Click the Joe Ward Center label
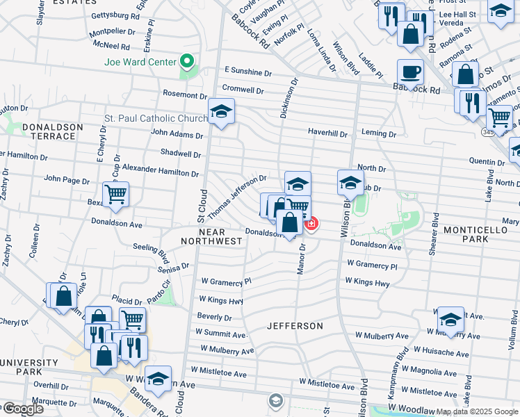pyautogui.click(x=139, y=61)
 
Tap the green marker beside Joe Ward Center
pyautogui.click(x=186, y=61)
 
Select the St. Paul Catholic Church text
pyautogui.click(x=154, y=118)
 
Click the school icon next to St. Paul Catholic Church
pyautogui.click(x=221, y=111)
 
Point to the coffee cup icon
pyautogui.click(x=410, y=72)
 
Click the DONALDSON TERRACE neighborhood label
pyautogui.click(x=53, y=131)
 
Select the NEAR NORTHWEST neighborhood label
pyautogui.click(x=211, y=236)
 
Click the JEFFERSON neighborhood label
pyautogui.click(x=295, y=325)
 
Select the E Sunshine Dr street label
pyautogui.click(x=248, y=72)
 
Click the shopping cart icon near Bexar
pyautogui.click(x=115, y=193)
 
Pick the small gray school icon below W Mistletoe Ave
pyautogui.click(x=276, y=400)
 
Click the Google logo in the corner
pyautogui.click(x=23, y=409)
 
